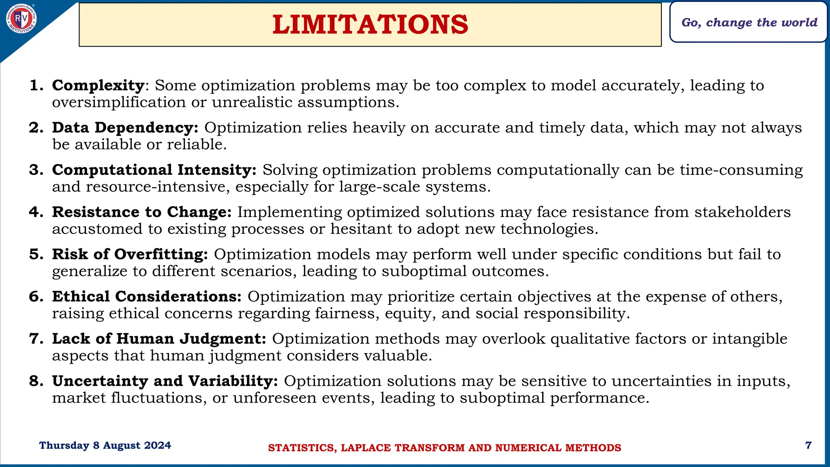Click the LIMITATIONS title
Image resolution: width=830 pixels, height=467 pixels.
pyautogui.click(x=370, y=24)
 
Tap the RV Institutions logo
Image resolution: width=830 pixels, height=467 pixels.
pyautogui.click(x=21, y=18)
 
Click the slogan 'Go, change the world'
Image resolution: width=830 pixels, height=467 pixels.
pyautogui.click(x=749, y=22)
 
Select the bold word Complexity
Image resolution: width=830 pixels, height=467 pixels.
pyautogui.click(x=98, y=86)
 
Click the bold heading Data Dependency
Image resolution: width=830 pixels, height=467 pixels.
pyautogui.click(x=125, y=128)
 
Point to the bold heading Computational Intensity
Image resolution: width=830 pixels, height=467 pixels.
pyautogui.click(x=154, y=170)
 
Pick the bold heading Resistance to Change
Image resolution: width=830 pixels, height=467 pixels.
pyautogui.click(x=142, y=212)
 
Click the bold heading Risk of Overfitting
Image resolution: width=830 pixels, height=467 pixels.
pyautogui.click(x=130, y=254)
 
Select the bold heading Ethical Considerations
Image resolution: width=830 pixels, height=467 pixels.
pyautogui.click(x=147, y=296)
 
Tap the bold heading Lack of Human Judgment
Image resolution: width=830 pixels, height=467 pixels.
pyautogui.click(x=159, y=338)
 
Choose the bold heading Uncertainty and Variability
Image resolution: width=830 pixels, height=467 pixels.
pyautogui.click(x=165, y=381)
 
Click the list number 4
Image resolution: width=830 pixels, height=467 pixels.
pyautogui.click(x=36, y=212)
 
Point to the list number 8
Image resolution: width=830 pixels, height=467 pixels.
pyautogui.click(x=36, y=381)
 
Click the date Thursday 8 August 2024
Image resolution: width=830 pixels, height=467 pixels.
pyautogui.click(x=105, y=446)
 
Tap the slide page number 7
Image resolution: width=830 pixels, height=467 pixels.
pyautogui.click(x=808, y=446)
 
